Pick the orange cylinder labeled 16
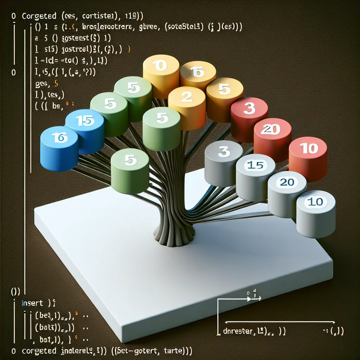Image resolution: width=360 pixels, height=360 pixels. click(x=198, y=77)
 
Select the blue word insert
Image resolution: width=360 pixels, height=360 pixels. click(x=32, y=303)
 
